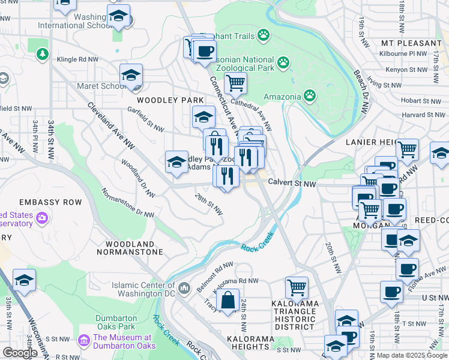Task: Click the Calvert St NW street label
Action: pos(292,183)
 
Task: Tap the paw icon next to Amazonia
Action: pos(310,95)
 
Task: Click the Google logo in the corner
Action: pos(20,353)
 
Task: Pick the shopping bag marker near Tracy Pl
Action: pos(228,301)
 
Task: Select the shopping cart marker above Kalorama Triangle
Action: pos(297,288)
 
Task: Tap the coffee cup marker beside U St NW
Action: pos(391,292)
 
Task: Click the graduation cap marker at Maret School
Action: pos(131,76)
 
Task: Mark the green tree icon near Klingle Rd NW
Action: pos(43,55)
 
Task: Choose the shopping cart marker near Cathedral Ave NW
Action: pos(235,82)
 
